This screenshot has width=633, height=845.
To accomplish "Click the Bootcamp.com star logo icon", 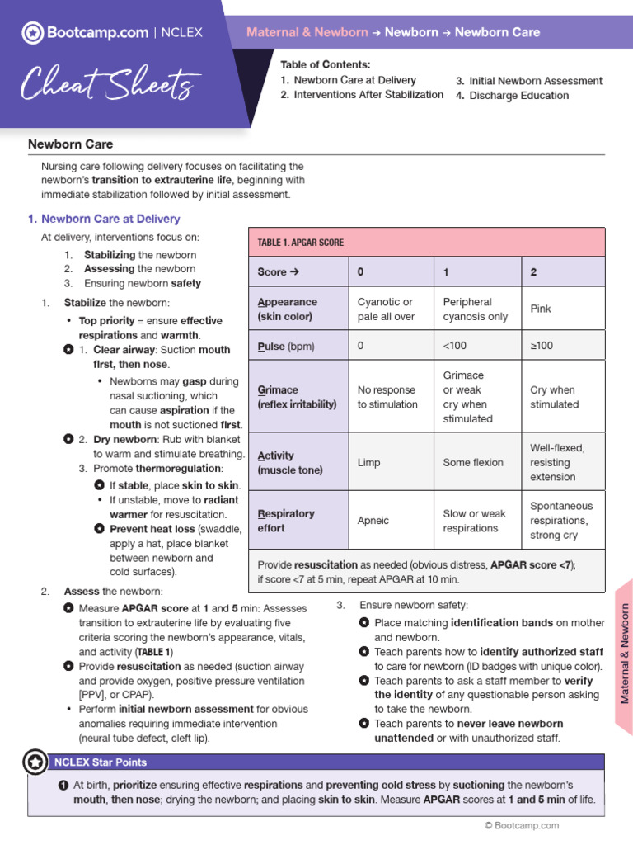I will point(32,33).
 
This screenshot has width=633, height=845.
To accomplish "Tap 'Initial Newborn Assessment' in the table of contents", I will point(535,81).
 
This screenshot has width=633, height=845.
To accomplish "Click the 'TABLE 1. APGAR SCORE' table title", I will point(301,243).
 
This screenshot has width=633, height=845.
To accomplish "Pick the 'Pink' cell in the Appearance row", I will point(541,309).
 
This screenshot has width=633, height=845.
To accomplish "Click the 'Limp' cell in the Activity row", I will point(368,463).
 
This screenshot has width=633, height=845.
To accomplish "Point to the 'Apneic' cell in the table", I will point(373,521).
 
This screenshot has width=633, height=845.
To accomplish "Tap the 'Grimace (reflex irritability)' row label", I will point(297,397).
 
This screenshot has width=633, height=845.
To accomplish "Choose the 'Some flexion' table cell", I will point(473,463).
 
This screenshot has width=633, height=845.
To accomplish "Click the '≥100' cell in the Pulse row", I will point(542,347).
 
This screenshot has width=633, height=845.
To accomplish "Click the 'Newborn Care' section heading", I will point(71,144).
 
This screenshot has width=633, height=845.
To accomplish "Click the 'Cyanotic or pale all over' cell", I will point(386,309).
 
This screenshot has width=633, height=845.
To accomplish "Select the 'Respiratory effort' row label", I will point(286,521).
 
